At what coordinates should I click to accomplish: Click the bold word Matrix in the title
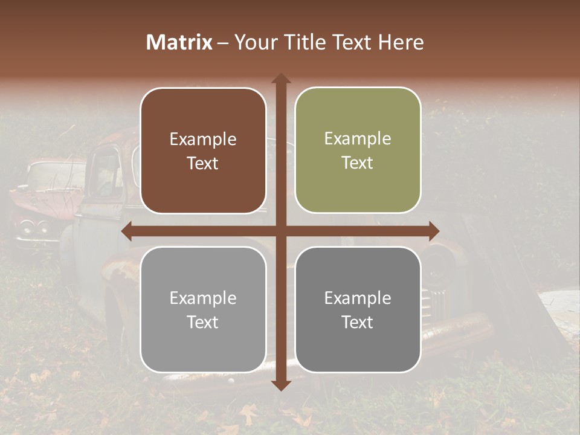(179, 42)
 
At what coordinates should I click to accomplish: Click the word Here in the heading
(400, 42)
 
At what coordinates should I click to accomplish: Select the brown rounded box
(203, 150)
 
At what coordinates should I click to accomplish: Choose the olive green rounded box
(358, 150)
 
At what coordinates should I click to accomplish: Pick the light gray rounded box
(203, 309)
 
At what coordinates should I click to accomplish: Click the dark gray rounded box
(358, 309)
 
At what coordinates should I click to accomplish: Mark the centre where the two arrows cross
(281, 231)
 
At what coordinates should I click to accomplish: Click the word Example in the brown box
(203, 139)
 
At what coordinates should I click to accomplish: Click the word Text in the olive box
(358, 163)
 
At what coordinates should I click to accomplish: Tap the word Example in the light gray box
(203, 298)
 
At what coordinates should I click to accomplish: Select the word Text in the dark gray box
(358, 322)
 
